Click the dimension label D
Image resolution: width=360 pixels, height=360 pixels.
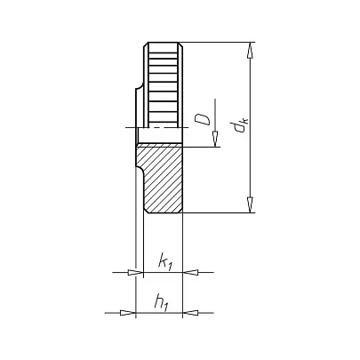click(x=202, y=120)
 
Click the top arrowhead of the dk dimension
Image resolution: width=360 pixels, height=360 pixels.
click(x=251, y=51)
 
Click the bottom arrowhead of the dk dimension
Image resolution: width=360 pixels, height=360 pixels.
click(x=251, y=204)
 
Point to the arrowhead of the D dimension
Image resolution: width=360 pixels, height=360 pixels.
click(x=215, y=139)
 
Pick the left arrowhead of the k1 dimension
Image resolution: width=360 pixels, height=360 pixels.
click(x=135, y=272)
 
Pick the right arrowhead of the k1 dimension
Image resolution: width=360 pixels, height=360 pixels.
click(x=190, y=272)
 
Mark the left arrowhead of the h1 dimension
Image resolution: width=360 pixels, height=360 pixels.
click(x=127, y=313)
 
